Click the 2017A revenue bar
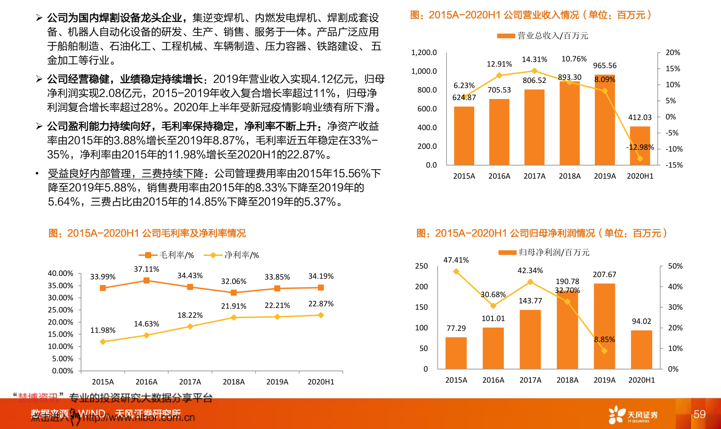pos(534,127)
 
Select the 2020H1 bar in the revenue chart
pos(640,146)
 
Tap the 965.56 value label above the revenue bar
pos(605,66)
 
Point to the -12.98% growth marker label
pos(640,147)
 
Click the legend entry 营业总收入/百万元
pos(543,36)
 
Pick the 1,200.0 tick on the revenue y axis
pos(424,52)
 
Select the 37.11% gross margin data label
pos(146,269)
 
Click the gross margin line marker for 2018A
pos(234,293)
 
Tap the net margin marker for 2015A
pos(103,341)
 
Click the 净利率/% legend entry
pos(232,255)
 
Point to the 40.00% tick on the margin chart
pos(60,273)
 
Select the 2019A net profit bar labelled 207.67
pos(604,326)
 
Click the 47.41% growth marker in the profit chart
pos(456,272)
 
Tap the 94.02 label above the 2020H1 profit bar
pos(641,322)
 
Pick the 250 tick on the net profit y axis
pos(421,266)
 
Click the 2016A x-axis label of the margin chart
pos(146,382)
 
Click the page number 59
pos(699,414)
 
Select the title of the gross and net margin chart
pos(147,233)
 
